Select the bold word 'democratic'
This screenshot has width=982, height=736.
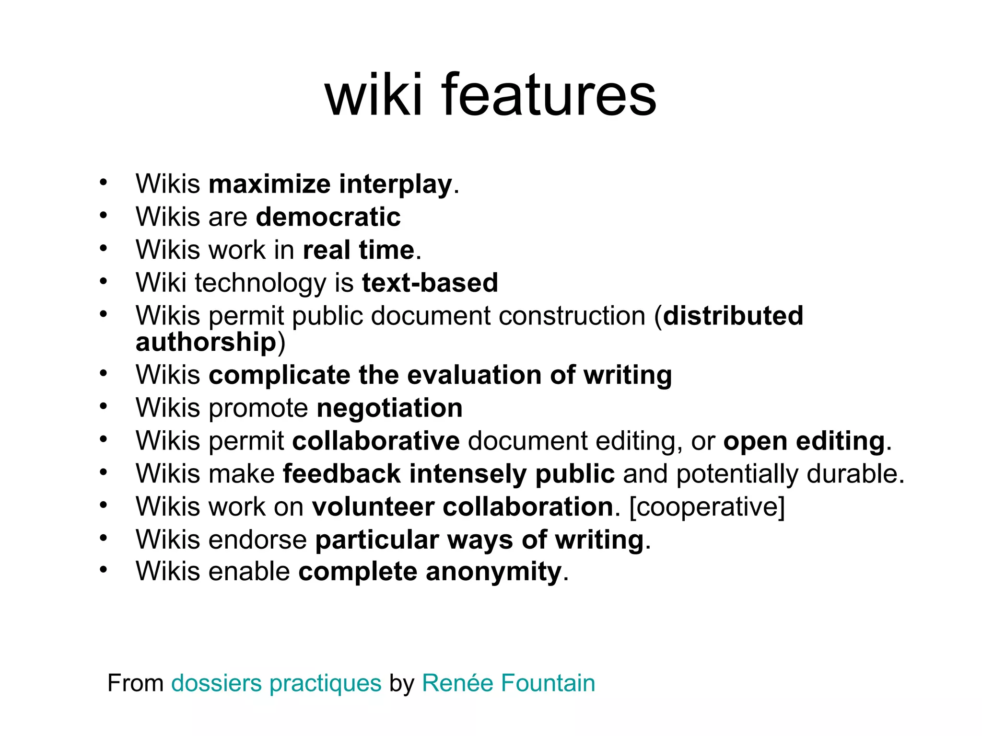tap(328, 217)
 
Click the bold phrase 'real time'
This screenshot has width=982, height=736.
tap(359, 250)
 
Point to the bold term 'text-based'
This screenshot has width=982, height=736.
tap(430, 283)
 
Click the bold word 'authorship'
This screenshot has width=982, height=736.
tap(206, 342)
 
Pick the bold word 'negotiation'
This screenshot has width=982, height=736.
tap(390, 408)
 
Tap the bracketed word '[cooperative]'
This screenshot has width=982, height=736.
tap(707, 506)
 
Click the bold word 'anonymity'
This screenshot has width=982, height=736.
tap(493, 572)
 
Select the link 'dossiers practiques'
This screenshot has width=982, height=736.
tap(276, 683)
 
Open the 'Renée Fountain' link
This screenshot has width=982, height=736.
tap(508, 683)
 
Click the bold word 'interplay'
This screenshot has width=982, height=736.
tap(396, 184)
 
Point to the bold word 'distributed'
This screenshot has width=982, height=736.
tap(733, 316)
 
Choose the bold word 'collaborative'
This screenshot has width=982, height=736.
tap(376, 441)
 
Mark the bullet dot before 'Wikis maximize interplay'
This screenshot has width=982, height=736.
tap(103, 183)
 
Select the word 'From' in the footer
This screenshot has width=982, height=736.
tap(136, 683)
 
